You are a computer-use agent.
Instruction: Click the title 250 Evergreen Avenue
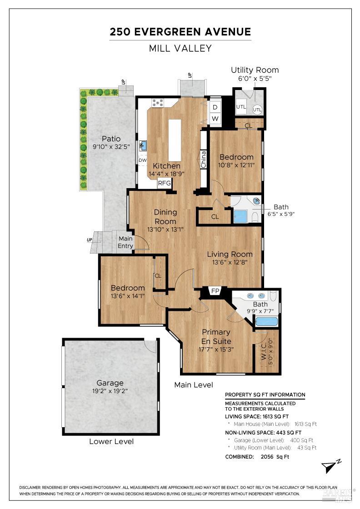pos(180,32)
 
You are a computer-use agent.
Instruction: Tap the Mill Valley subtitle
pos(180,48)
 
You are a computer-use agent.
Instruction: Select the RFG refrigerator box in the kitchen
pos(164,183)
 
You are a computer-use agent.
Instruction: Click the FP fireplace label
pos(215,291)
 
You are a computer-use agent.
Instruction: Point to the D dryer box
pos(215,107)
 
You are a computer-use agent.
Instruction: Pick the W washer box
pos(215,119)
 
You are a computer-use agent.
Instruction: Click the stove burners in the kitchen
pos(158,103)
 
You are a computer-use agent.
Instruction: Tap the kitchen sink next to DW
pos(143,146)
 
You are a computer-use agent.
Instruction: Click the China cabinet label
pos(204,160)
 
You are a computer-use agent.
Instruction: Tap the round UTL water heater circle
pos(257,110)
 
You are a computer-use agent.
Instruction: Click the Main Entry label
pos(125,242)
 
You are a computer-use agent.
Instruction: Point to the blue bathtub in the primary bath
pos(266,322)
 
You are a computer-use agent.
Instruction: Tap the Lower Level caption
pos(111,441)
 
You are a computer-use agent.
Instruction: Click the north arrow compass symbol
pos(330,466)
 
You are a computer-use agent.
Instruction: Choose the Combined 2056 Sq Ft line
pos(257,457)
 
